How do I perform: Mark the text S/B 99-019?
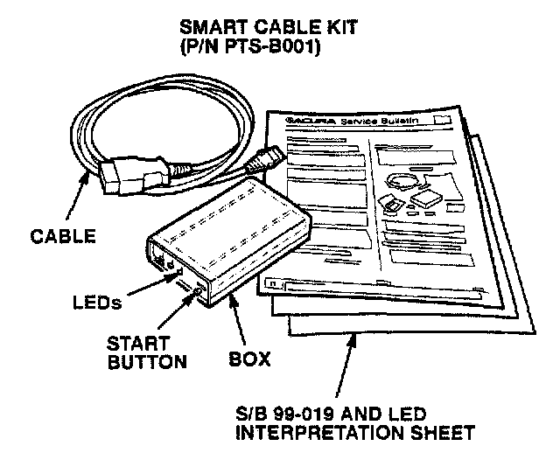click(x=289, y=413)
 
